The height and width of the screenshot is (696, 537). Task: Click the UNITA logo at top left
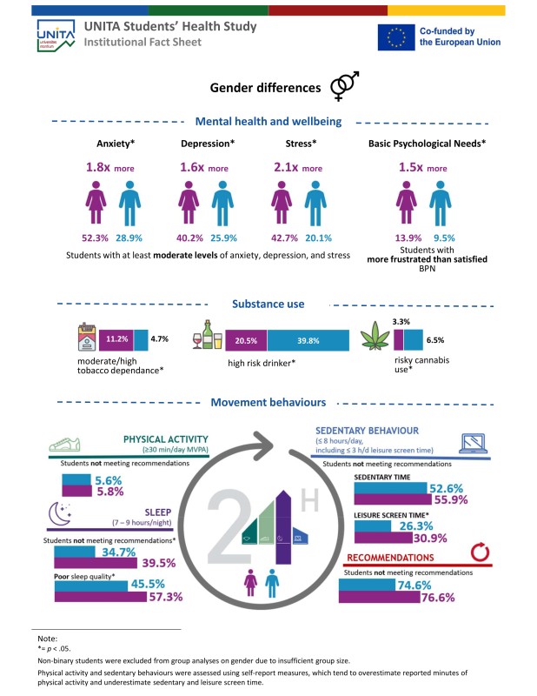[56, 36]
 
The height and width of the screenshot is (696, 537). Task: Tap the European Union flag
[396, 37]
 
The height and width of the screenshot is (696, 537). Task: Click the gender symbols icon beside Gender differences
[345, 85]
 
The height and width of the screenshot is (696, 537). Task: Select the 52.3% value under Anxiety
[95, 238]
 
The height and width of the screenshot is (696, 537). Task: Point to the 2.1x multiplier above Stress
[286, 167]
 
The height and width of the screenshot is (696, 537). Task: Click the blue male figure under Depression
[222, 204]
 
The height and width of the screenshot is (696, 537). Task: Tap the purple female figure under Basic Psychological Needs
[407, 203]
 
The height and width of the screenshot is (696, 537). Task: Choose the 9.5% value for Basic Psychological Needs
[444, 238]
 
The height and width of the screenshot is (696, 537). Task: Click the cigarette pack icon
[87, 337]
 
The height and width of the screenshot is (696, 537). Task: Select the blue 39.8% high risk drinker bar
[308, 340]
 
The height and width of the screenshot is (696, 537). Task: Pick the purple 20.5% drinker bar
[246, 340]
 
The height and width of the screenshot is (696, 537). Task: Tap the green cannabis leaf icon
[375, 336]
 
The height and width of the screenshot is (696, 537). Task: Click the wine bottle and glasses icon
[207, 334]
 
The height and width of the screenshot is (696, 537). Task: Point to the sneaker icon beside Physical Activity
[65, 445]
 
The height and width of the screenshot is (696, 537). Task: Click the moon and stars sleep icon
[60, 513]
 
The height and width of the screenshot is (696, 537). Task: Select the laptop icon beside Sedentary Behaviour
[474, 443]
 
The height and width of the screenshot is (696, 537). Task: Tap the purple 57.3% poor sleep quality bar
[101, 597]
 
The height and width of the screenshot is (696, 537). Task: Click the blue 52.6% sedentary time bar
[391, 488]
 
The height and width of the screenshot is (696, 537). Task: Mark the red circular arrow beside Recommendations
[480, 552]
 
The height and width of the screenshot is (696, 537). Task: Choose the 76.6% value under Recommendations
[438, 598]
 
